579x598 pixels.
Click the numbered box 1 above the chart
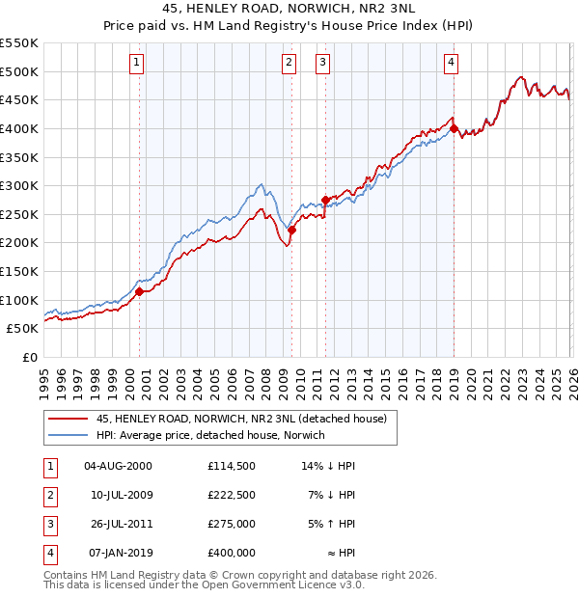(x=136, y=64)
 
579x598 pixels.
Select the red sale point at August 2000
(x=139, y=291)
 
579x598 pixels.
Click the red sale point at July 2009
(x=291, y=230)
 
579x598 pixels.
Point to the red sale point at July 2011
(x=325, y=200)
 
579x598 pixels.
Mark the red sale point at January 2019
(x=454, y=128)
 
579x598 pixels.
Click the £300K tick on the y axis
(x=19, y=185)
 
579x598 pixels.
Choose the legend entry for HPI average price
(x=210, y=435)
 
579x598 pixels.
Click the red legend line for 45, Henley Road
(x=69, y=419)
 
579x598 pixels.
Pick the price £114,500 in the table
(x=231, y=466)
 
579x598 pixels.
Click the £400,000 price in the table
(x=231, y=553)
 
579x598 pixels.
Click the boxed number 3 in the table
(x=49, y=524)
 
